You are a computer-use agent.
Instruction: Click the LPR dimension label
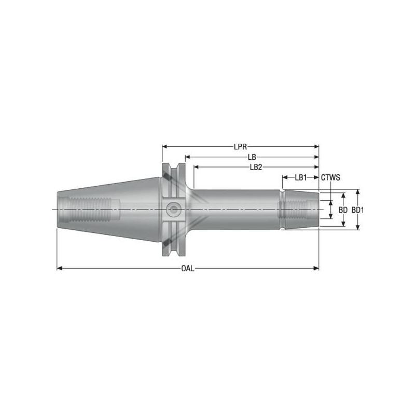240,146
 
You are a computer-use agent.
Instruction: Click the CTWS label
330,177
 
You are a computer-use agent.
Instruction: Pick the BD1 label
357,210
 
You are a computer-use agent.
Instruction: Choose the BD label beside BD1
343,210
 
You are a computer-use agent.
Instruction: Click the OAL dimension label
188,268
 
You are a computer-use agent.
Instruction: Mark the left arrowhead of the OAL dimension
59,268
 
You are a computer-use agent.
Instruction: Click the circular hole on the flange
171,210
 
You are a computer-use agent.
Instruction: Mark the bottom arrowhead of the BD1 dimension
357,227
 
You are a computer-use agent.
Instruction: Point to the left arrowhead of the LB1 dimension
285,177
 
